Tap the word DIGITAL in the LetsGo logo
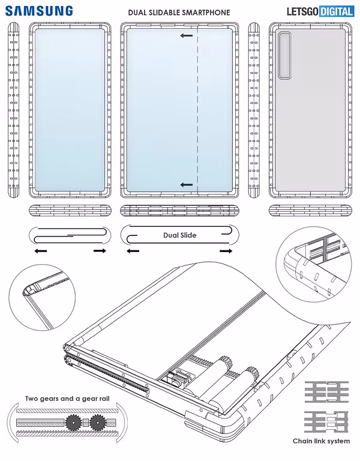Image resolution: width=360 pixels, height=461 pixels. click(x=335, y=11)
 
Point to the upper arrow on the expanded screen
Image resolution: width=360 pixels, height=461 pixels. click(x=186, y=36)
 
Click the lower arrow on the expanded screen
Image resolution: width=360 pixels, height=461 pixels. click(x=186, y=185)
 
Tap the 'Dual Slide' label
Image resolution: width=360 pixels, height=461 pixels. click(x=180, y=235)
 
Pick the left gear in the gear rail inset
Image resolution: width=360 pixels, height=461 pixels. click(x=75, y=423)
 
